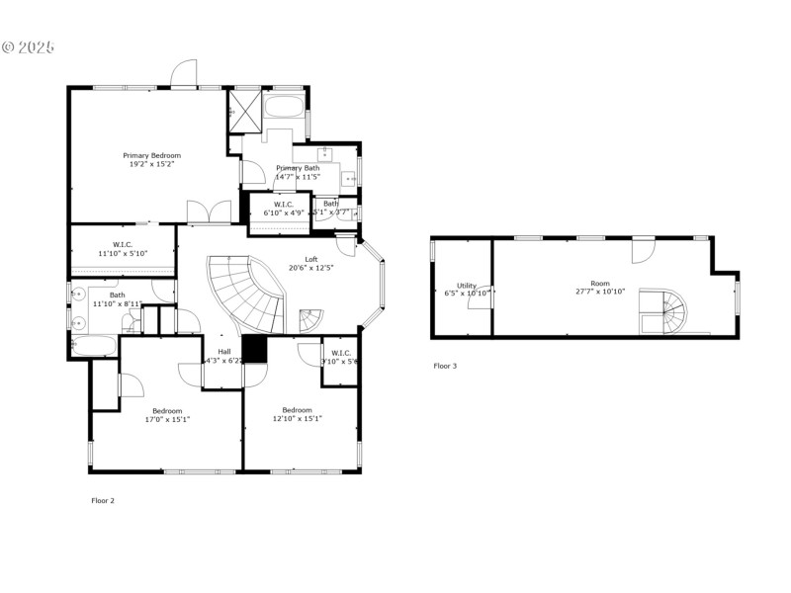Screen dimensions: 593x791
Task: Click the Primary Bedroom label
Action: click(152, 155)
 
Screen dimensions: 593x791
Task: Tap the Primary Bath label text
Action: click(298, 168)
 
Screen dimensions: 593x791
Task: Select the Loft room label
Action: click(310, 259)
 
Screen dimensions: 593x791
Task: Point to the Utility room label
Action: click(467, 286)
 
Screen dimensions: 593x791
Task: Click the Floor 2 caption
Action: click(103, 501)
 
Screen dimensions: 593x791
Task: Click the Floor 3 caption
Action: click(445, 366)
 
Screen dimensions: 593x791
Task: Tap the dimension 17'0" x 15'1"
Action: click(167, 419)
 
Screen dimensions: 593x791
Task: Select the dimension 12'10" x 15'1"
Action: click(297, 418)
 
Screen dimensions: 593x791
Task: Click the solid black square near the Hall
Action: click(255, 349)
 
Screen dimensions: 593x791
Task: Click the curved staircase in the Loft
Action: click(247, 295)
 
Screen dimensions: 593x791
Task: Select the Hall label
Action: click(223, 352)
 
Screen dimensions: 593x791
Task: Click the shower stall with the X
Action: click(244, 109)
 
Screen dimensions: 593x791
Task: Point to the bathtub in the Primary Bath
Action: click(286, 107)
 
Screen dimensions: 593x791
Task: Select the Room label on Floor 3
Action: click(600, 284)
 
